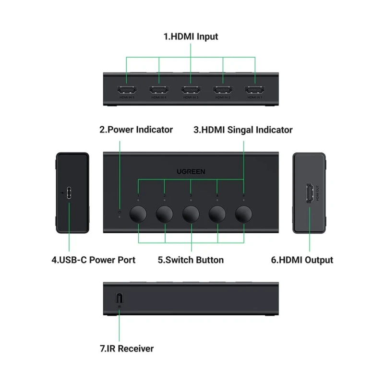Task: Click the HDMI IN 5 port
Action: coord(127,90)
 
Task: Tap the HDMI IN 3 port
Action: coord(191,90)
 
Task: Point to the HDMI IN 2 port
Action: coord(223,90)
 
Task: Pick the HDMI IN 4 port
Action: coord(159,90)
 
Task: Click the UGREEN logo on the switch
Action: coord(191,171)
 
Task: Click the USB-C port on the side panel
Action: coord(69,193)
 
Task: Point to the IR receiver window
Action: coord(119,298)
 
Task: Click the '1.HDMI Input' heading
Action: coord(191,36)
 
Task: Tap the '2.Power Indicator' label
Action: coord(136,130)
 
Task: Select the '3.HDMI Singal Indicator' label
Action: coord(243,130)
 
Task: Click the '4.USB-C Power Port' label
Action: coord(94,260)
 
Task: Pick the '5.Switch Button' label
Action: coord(191,260)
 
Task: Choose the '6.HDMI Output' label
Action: coord(302,260)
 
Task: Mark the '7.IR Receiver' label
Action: coord(127,348)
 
